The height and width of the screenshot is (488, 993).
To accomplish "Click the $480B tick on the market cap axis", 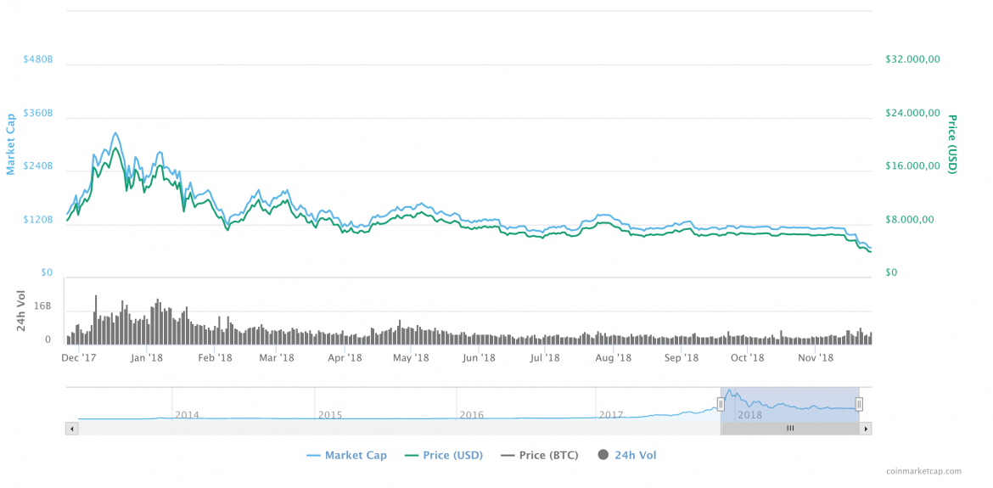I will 38,60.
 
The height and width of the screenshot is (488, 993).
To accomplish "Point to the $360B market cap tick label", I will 38,114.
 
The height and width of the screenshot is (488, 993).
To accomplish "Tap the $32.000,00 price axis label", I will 912,59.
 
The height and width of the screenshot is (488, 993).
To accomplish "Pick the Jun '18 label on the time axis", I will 479,358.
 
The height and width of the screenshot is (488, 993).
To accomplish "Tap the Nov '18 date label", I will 814,358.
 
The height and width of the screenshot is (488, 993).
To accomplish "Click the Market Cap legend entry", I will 346,456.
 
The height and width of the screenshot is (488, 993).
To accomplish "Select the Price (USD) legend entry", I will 445,456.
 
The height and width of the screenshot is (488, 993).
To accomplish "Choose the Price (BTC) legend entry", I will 540,456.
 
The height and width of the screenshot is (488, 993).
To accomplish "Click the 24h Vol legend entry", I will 627,456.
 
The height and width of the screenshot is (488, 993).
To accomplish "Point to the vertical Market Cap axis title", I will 11,143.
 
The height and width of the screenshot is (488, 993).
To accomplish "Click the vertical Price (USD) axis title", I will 952,143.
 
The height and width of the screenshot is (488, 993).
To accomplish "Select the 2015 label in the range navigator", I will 330,415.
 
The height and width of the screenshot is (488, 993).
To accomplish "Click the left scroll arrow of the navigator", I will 71,429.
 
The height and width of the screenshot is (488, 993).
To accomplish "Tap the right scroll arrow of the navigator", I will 866,429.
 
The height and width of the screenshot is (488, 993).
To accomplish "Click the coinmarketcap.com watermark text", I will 923,471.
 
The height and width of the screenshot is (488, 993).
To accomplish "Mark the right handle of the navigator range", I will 859,405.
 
